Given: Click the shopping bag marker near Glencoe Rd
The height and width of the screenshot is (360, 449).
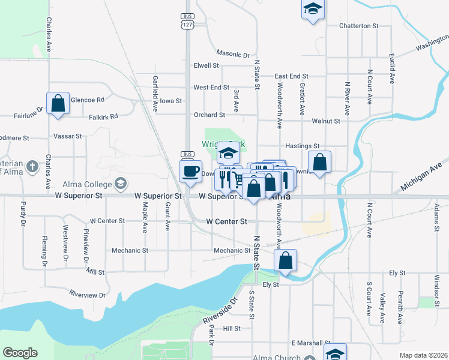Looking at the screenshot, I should click(x=58, y=103).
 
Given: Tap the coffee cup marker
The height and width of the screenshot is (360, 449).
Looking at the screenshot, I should click(x=191, y=172).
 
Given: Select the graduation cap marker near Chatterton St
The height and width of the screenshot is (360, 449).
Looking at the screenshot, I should click(x=312, y=10).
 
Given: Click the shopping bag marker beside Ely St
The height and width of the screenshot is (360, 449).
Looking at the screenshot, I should click(x=286, y=261).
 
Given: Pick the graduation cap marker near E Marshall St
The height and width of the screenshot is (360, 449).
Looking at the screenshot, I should click(x=336, y=353).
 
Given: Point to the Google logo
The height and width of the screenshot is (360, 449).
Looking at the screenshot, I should click(x=20, y=353).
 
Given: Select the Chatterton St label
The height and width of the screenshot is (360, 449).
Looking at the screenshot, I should click(x=359, y=26).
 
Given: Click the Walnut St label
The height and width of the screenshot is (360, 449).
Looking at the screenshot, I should click(x=326, y=121).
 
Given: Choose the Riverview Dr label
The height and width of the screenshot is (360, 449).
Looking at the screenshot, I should click(x=87, y=294).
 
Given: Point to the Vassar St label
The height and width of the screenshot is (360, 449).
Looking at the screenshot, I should click(x=67, y=136).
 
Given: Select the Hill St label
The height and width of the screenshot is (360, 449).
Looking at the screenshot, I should click(x=232, y=328).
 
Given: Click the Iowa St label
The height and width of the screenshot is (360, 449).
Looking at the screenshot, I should click(x=170, y=101).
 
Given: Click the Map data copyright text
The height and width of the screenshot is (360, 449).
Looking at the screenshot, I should click(x=423, y=355).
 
